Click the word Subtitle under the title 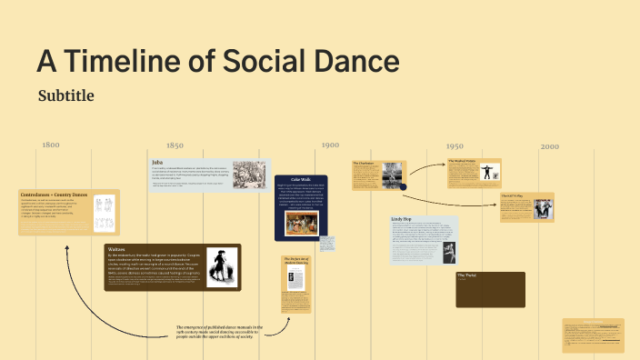coord(66,95)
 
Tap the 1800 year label coord(50,145)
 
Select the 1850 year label coord(175,145)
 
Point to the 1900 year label coord(330,145)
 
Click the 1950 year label coord(455,145)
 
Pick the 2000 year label coord(549,145)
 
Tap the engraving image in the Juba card coord(250,175)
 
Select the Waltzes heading coord(117,248)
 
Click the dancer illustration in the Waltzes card coord(218,268)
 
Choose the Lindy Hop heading coord(404,219)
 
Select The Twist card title coord(467,275)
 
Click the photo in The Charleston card coord(393,180)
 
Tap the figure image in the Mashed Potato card coord(490,173)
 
